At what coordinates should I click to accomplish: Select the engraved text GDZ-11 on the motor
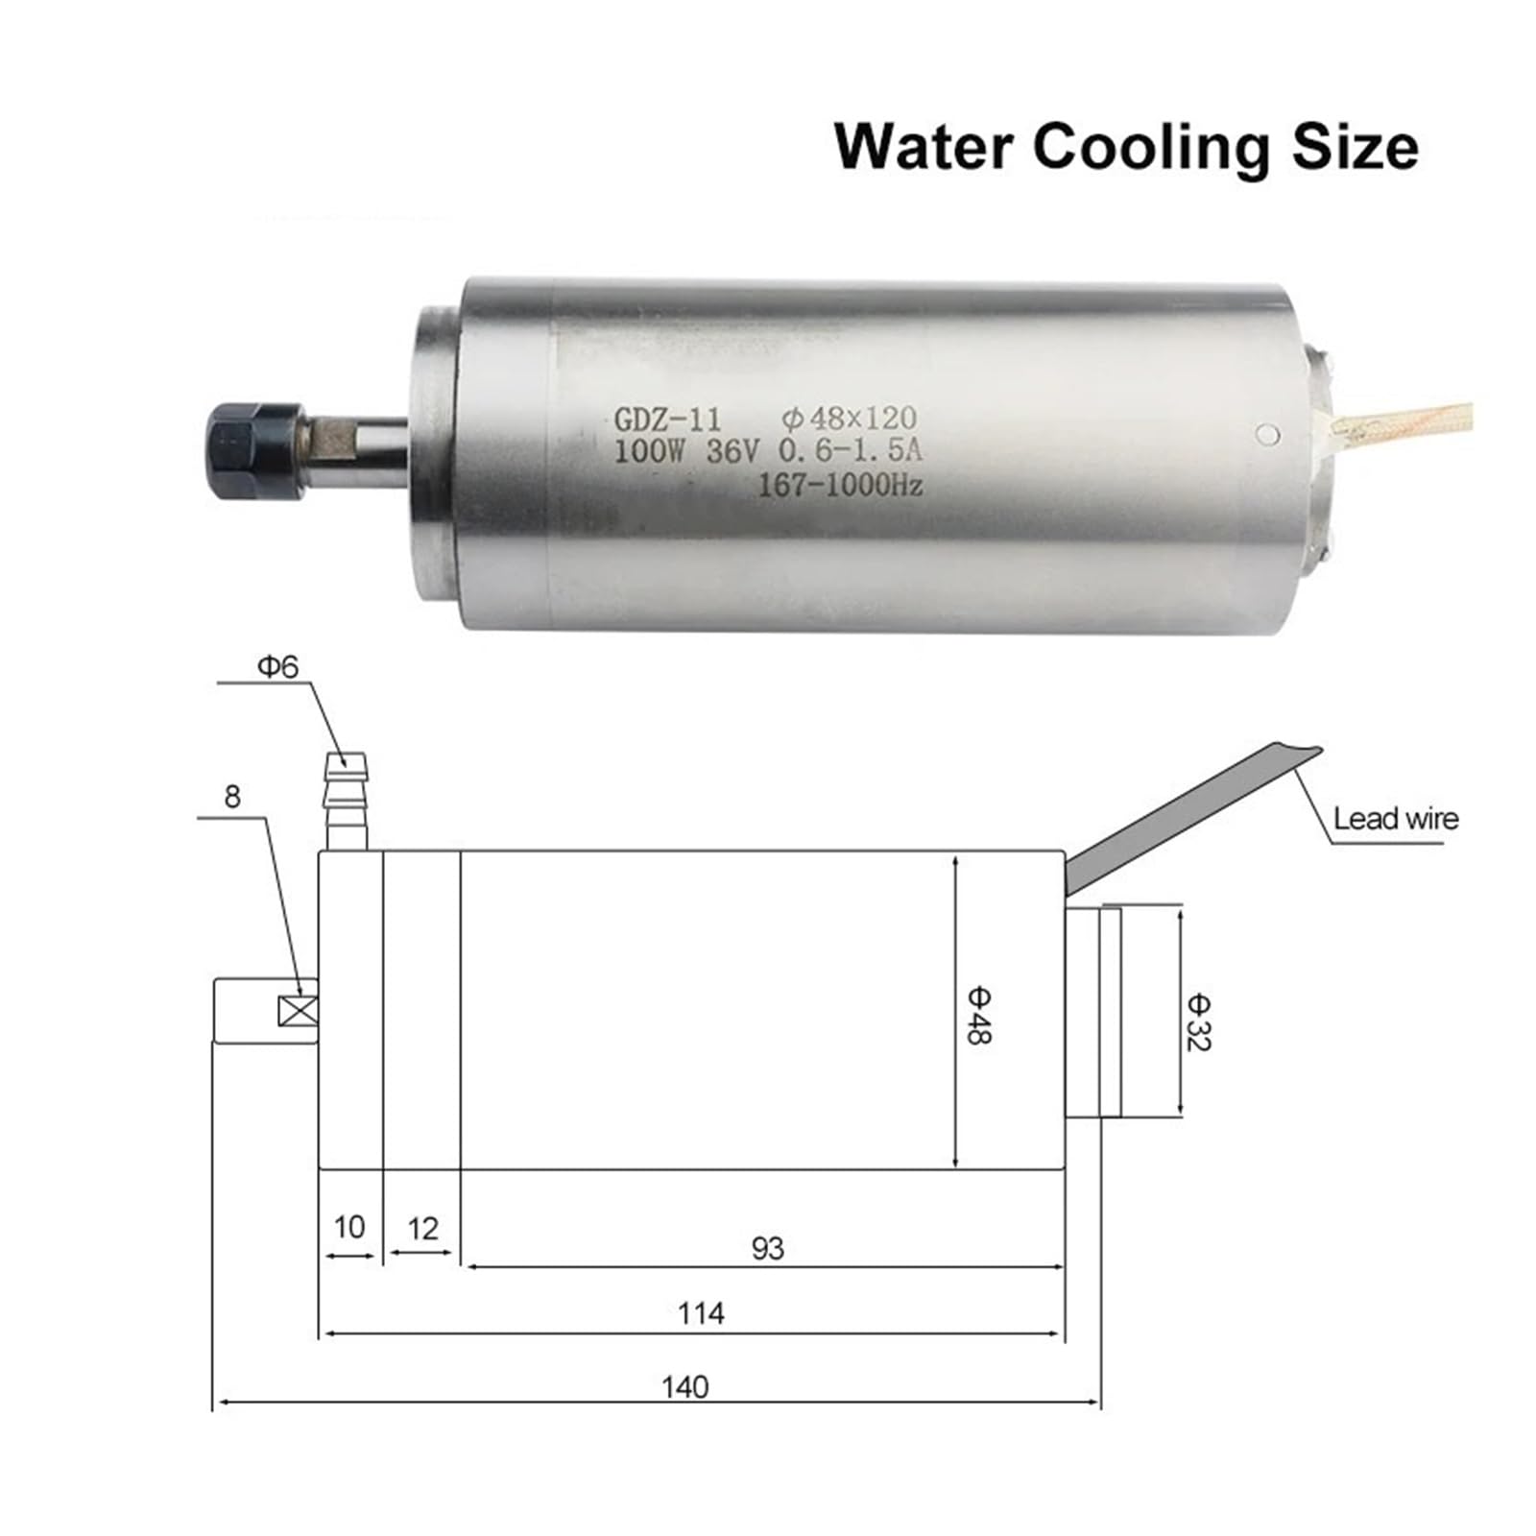(x=667, y=420)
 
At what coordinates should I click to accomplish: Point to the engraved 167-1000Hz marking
(x=840, y=485)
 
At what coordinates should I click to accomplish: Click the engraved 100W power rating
(x=648, y=451)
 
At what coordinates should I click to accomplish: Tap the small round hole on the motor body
(x=1268, y=434)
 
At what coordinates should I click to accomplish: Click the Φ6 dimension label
(x=278, y=666)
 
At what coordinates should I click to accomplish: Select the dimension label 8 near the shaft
(x=232, y=796)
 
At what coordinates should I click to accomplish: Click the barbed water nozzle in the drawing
(x=347, y=801)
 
